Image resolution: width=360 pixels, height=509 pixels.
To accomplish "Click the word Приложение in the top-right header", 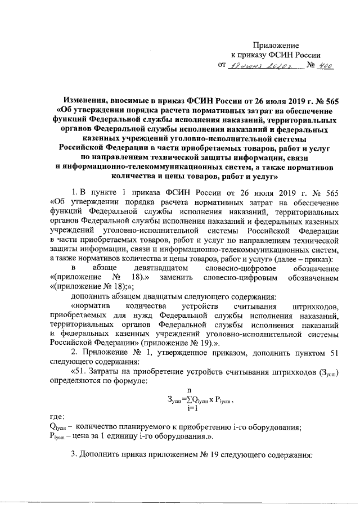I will coord(276,44).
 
